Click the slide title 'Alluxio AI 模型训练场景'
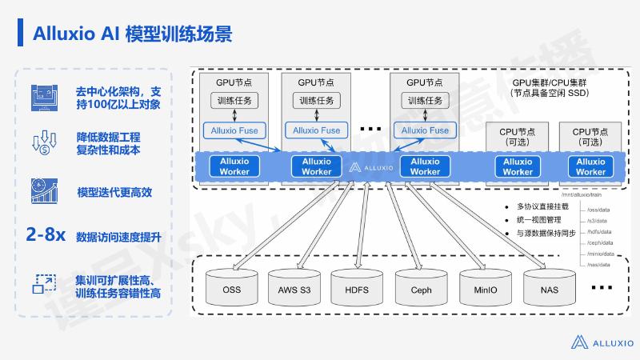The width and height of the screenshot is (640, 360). coord(133,34)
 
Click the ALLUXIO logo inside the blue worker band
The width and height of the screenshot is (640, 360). coord(371,168)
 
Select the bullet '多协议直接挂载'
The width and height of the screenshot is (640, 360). coord(542,206)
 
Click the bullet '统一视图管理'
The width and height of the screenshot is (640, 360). coord(538,219)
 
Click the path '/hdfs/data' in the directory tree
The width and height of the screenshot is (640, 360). coord(599,230)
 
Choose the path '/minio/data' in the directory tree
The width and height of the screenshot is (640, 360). coord(600,253)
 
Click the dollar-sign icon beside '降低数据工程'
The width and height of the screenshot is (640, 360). coord(42,142)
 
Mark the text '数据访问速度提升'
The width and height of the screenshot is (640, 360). coord(118,238)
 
